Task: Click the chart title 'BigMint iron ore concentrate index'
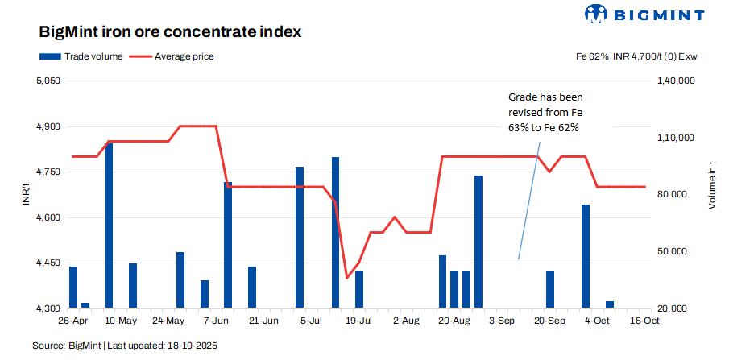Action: [170, 33]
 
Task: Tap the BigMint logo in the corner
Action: [644, 14]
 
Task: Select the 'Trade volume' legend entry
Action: [81, 56]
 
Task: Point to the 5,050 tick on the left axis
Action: [48, 81]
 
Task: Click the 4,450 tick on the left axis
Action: [48, 263]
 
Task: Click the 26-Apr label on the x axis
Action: [72, 321]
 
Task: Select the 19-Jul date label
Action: [358, 321]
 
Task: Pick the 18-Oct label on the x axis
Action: [644, 321]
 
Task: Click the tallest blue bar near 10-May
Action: [109, 226]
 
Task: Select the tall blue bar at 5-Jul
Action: [300, 238]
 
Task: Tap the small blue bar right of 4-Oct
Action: [610, 304]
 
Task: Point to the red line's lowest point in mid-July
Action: [347, 278]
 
